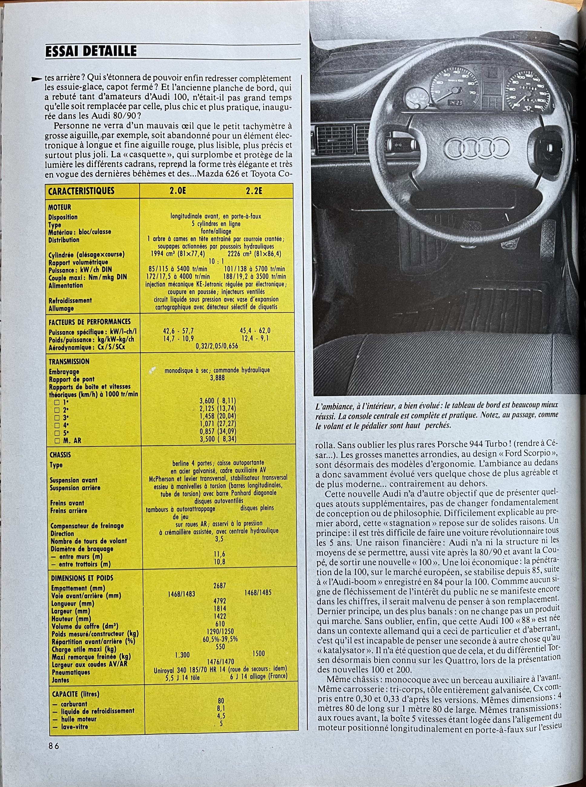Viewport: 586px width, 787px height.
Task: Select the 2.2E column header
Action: (254, 191)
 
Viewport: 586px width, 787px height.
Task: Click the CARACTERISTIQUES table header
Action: (81, 191)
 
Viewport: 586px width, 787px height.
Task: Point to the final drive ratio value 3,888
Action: (217, 378)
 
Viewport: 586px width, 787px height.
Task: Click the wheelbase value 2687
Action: (220, 586)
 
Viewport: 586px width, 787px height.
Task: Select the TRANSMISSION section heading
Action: (69, 362)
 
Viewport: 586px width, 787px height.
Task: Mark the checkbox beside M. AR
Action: (57, 441)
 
